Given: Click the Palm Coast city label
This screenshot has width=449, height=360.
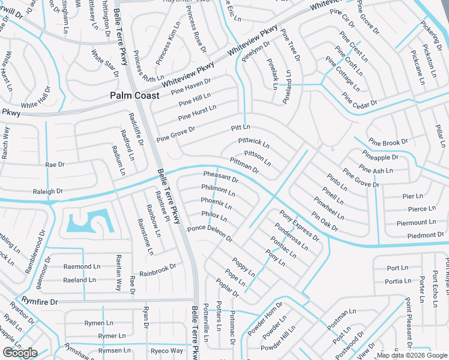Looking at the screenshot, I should (x=134, y=96).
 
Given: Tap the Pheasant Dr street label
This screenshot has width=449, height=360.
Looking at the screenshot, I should (x=221, y=177).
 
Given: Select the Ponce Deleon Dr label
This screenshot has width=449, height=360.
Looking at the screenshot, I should (x=209, y=234).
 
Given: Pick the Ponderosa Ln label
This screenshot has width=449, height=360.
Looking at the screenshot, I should (x=291, y=237).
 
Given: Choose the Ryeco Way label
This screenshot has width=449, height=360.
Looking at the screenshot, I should (x=166, y=350).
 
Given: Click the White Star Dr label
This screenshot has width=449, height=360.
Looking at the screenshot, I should (x=105, y=63).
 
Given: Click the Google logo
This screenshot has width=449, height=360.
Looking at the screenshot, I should (x=20, y=353).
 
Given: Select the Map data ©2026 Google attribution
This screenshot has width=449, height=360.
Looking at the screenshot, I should (x=411, y=355).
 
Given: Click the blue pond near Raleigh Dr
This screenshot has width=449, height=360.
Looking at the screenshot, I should (x=84, y=223).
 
